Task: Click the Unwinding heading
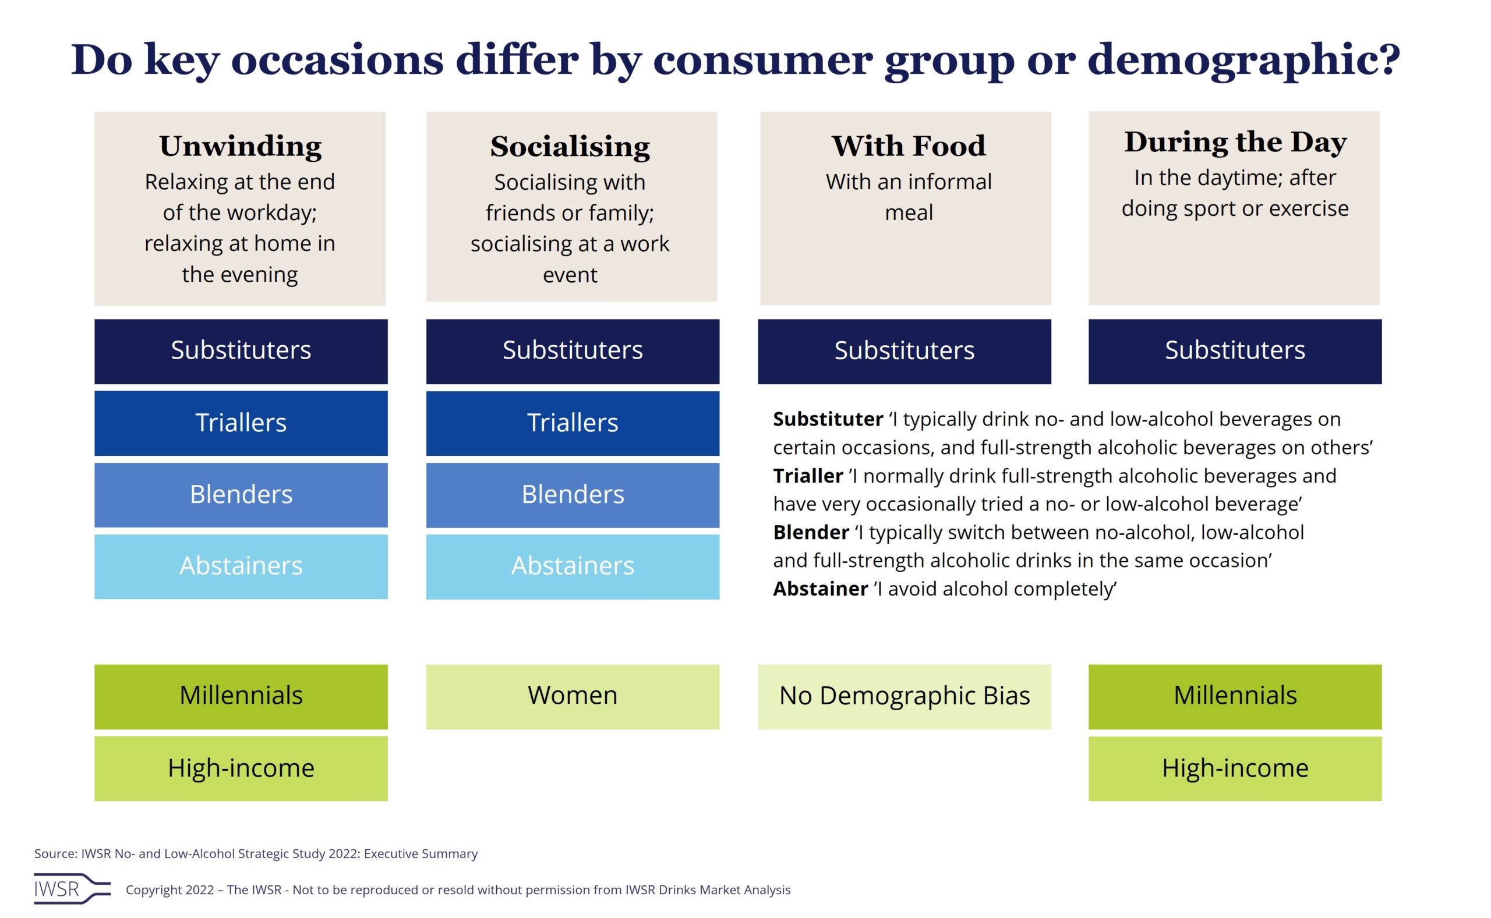[x=241, y=146]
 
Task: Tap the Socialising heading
[x=570, y=146]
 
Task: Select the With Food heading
[x=908, y=146]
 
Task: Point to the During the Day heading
[x=1235, y=141]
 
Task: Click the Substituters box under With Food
[x=904, y=351]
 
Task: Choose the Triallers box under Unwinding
[x=241, y=423]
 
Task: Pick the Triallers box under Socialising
[x=572, y=423]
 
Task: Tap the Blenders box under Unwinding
[x=241, y=494]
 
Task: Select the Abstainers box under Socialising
[x=572, y=566]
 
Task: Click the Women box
[x=572, y=696]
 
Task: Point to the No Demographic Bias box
[x=904, y=696]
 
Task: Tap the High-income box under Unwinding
[x=241, y=768]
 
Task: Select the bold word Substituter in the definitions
[x=827, y=420]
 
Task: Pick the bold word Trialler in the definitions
[x=808, y=476]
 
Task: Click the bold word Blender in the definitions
[x=810, y=533]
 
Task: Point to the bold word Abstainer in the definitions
[x=820, y=589]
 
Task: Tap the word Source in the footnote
[x=55, y=853]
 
